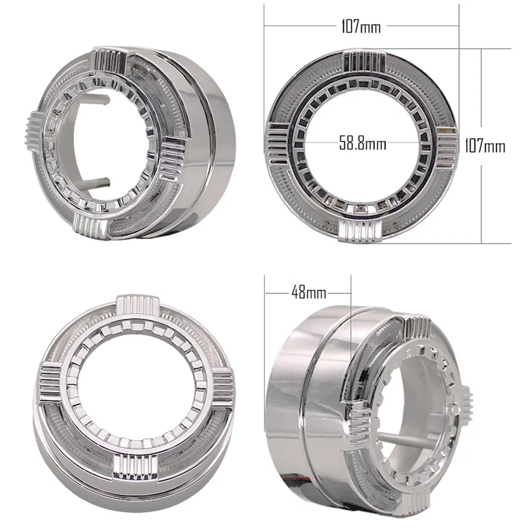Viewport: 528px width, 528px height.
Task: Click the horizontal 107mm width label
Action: click(x=361, y=26)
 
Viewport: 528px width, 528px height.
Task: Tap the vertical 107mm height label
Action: click(x=485, y=146)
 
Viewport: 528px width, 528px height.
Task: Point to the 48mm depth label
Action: click(x=309, y=292)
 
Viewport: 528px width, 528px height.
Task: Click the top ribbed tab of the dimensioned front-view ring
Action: click(x=364, y=62)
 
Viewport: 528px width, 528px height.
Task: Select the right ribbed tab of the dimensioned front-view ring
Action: click(x=447, y=147)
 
